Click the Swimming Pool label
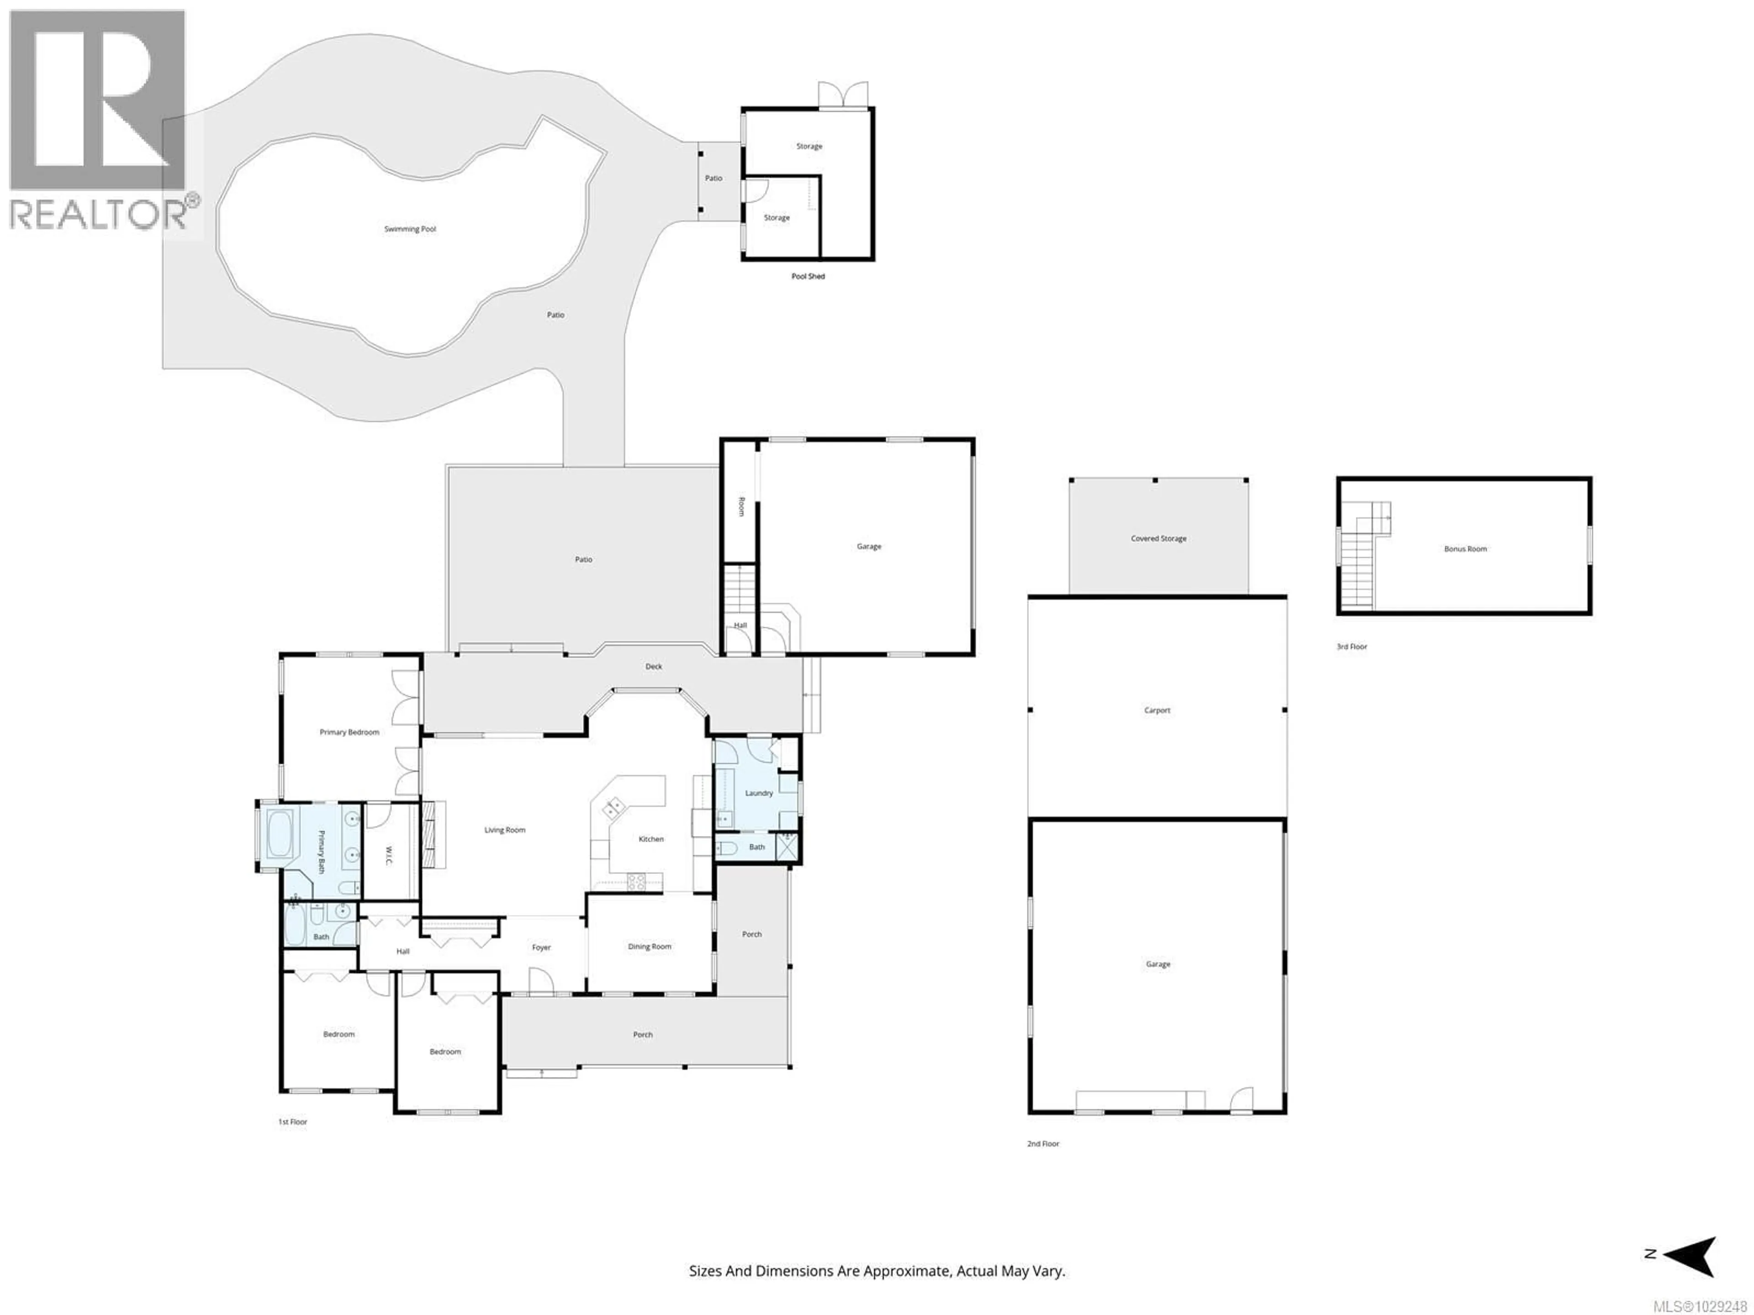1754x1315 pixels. pos(410,229)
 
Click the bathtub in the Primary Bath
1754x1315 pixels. pos(279,833)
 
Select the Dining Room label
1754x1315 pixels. pos(650,947)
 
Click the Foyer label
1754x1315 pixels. pos(541,947)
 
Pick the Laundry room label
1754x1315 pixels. pos(759,793)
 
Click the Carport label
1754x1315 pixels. pos(1157,710)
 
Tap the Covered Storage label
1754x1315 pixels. pos(1158,538)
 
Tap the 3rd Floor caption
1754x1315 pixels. pos(1352,647)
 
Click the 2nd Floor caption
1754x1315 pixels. pos(1043,1144)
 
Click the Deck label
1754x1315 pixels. pos(653,667)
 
